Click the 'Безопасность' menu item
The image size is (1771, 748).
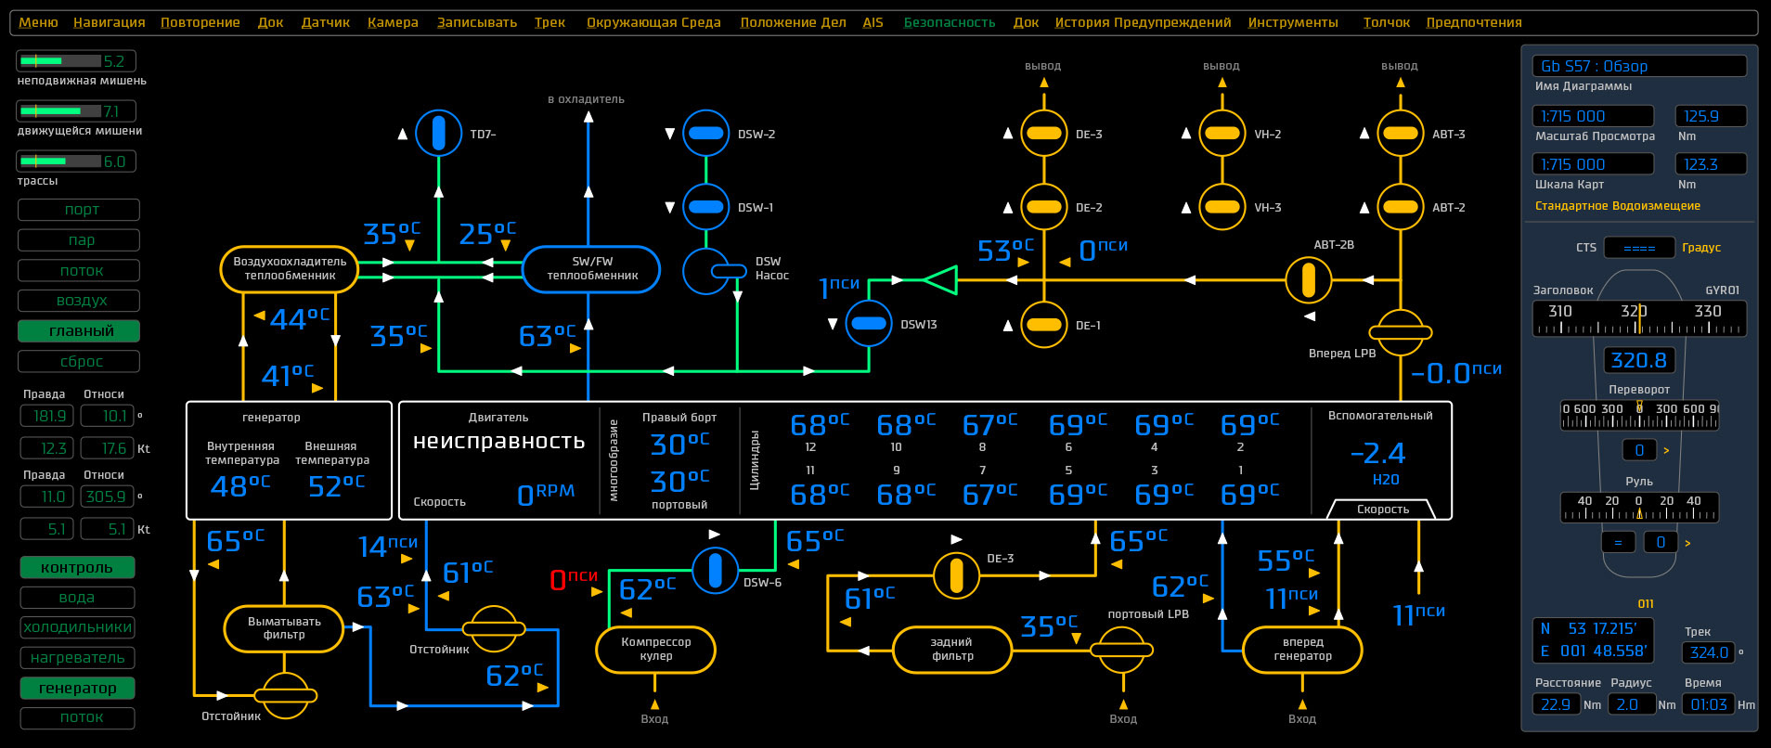(x=949, y=22)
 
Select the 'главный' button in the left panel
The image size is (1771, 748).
(x=80, y=331)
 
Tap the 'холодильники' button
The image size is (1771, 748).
(x=78, y=627)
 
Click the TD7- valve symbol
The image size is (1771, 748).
(x=438, y=134)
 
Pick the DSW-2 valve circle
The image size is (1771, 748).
(x=705, y=134)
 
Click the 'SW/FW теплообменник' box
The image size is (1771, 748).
(x=591, y=269)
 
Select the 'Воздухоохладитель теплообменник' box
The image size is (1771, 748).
(x=290, y=269)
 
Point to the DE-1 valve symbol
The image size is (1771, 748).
(x=1044, y=325)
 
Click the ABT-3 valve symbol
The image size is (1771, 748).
(x=1400, y=134)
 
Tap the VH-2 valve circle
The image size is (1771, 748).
(x=1222, y=134)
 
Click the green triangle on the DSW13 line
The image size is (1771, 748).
(x=941, y=279)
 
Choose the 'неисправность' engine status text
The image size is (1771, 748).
(x=498, y=442)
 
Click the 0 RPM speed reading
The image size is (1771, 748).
(x=546, y=495)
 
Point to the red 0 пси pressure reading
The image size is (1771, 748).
(x=574, y=579)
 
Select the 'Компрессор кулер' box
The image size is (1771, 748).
(x=655, y=649)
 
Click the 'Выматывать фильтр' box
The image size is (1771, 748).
(x=284, y=628)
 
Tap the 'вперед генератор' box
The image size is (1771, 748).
(x=1302, y=649)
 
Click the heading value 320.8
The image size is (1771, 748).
(x=1638, y=360)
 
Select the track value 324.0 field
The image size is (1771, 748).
(x=1708, y=652)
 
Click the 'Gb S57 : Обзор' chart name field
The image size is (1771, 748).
(x=1638, y=66)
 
